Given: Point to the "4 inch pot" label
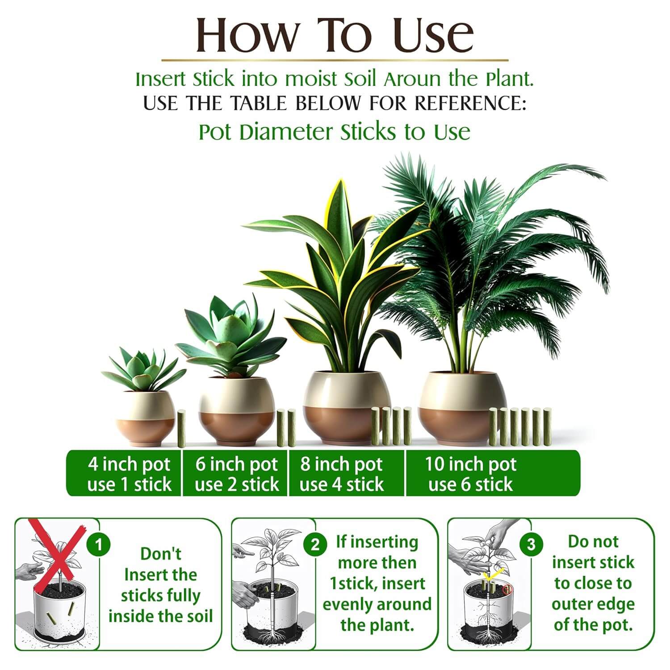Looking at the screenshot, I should (129, 464).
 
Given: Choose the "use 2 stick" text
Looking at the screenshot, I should (237, 485).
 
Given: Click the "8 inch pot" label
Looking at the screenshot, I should (341, 464).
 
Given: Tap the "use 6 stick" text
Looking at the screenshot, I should (470, 485).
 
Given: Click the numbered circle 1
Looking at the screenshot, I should (99, 544).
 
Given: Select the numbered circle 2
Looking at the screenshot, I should (315, 544).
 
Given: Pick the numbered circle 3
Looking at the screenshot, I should (531, 544).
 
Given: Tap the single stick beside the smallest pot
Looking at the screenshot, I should (181, 429).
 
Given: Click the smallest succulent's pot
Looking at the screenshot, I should (146, 418).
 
